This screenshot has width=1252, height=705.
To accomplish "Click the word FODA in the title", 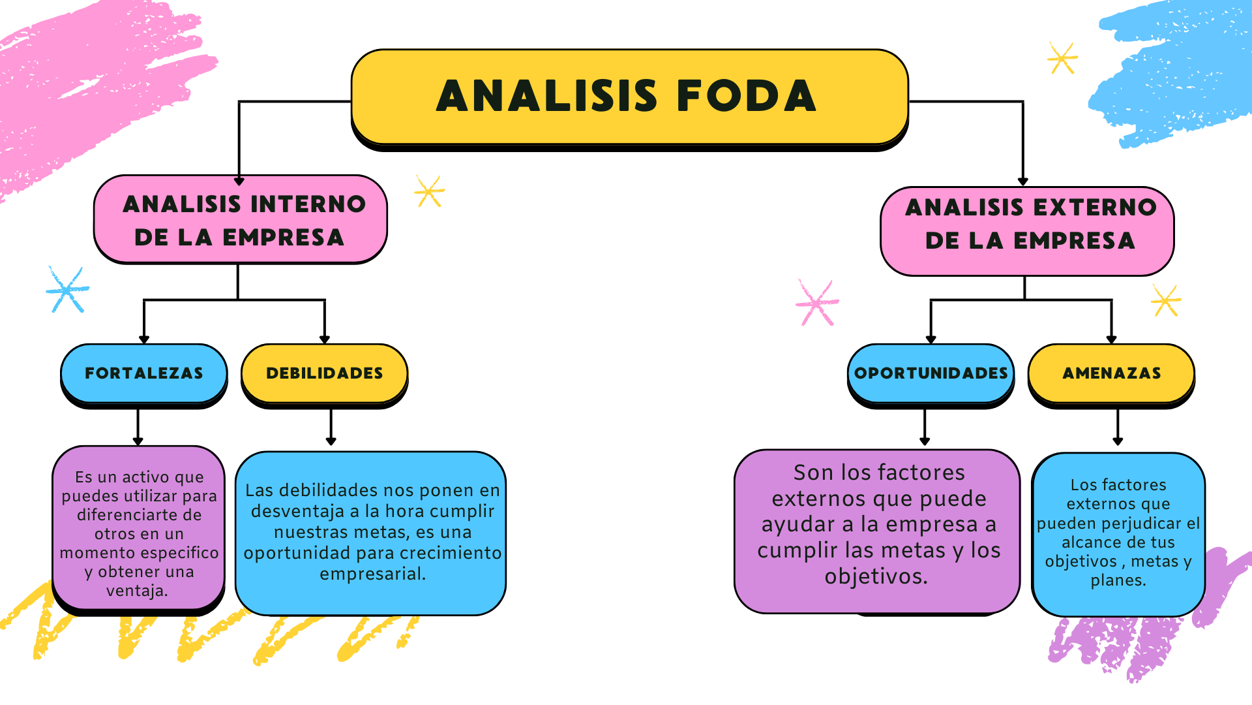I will point(747,97).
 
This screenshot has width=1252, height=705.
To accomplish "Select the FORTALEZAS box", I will point(144,373).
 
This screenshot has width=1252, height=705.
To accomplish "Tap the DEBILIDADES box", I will point(325,373).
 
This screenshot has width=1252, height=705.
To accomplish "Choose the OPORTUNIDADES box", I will point(931,373).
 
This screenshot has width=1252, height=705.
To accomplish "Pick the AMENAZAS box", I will point(1112,373).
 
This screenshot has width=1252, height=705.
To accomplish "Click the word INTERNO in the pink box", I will point(308,204).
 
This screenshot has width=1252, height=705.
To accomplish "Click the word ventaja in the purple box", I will point(137,591).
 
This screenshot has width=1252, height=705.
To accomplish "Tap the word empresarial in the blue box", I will point(372,574).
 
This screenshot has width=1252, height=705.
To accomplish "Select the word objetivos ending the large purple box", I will point(876,576).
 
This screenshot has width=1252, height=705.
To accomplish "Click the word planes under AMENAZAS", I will point(1118,580).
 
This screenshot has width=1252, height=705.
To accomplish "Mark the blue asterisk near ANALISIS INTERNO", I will point(67,289).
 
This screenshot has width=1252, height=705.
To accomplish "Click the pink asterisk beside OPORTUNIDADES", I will point(816,302).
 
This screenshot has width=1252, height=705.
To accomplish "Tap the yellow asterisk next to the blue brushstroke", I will point(1062,59).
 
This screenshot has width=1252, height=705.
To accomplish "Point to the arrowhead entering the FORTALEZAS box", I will point(144,339).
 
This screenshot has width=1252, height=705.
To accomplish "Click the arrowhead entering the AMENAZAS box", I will point(1112,339).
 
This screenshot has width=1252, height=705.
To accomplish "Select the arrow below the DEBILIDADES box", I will point(331,428).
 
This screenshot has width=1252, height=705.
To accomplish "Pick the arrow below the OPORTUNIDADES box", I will point(925,428).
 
